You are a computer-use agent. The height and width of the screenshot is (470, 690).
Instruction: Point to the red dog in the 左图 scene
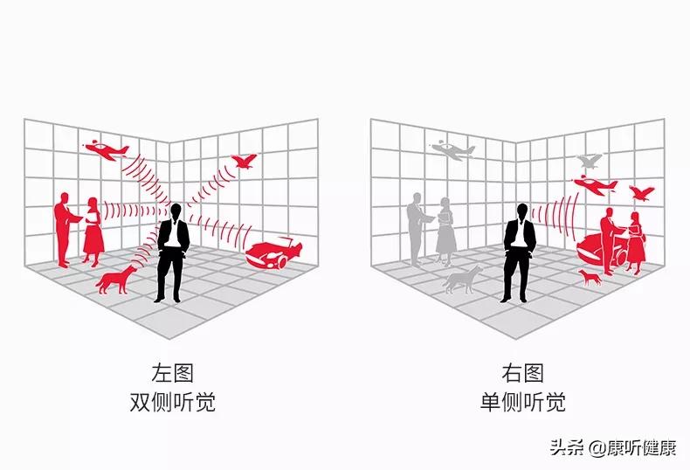point(115,280)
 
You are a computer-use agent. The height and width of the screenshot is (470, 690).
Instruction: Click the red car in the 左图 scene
point(273,252)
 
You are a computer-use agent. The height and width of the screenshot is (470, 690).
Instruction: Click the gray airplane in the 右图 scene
point(452,149)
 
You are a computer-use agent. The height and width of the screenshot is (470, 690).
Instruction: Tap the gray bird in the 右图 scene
point(590,162)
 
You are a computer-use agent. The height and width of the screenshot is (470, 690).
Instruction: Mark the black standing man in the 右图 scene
point(520,252)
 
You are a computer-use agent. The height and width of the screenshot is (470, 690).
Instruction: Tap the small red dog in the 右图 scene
point(590,278)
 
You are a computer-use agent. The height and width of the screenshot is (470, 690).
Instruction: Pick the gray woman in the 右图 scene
point(445,229)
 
